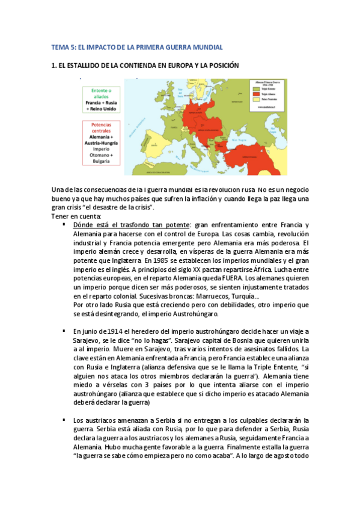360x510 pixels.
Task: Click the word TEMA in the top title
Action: (61, 47)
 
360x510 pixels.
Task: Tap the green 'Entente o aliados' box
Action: (102, 100)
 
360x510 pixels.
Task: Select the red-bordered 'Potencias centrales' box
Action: (102, 143)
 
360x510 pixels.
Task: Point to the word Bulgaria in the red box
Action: (102, 161)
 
